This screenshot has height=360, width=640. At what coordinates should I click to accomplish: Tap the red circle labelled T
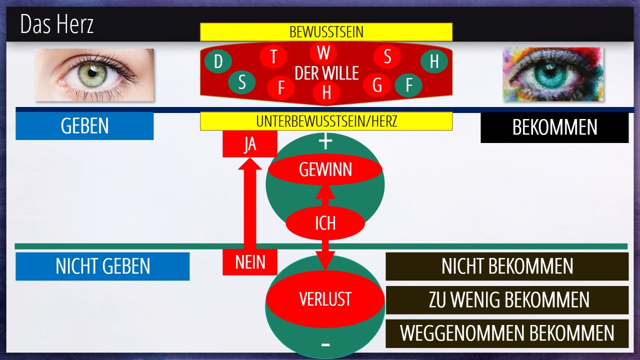pyautogui.click(x=273, y=57)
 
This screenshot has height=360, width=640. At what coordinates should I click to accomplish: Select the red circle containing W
pyautogui.click(x=323, y=52)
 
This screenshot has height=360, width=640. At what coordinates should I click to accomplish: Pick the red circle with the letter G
pyautogui.click(x=377, y=85)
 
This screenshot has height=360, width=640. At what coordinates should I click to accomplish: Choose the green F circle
pyautogui.click(x=409, y=85)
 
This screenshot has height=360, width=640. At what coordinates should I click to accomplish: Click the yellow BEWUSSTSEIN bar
pyautogui.click(x=326, y=32)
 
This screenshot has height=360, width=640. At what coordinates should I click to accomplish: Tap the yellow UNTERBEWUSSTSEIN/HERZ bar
pyautogui.click(x=326, y=121)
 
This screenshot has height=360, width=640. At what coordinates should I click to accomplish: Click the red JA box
pyautogui.click(x=249, y=144)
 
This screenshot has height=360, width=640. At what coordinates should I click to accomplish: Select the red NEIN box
pyautogui.click(x=249, y=262)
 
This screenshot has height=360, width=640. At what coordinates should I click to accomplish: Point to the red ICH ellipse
pyautogui.click(x=325, y=223)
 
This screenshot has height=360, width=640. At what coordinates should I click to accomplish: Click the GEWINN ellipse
pyautogui.click(x=325, y=170)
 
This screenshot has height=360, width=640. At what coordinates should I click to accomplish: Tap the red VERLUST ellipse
pyautogui.click(x=325, y=299)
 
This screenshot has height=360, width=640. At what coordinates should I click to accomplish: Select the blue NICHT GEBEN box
pyautogui.click(x=102, y=266)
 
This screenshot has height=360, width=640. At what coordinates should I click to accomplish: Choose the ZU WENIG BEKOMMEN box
pyautogui.click(x=507, y=300)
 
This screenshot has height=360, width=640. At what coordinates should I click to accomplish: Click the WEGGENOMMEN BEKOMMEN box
pyautogui.click(x=507, y=333)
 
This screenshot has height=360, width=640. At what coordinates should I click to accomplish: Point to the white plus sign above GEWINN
pyautogui.click(x=325, y=142)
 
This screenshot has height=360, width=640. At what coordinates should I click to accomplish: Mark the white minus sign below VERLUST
pyautogui.click(x=325, y=344)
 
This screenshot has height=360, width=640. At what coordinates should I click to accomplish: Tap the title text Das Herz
pyautogui.click(x=57, y=24)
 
